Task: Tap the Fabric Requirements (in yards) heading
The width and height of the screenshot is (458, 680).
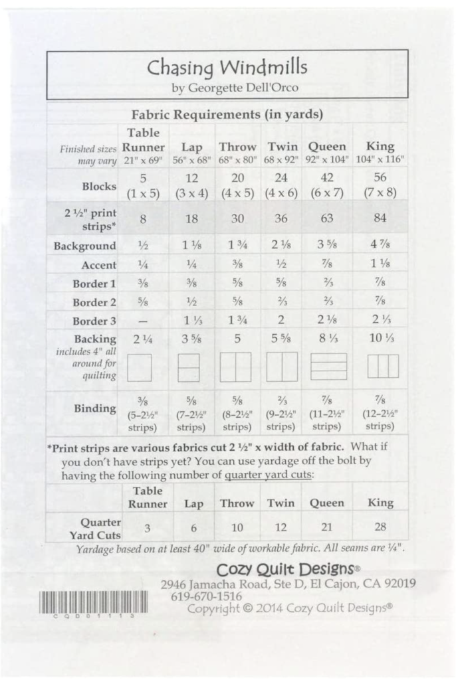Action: coord(227,114)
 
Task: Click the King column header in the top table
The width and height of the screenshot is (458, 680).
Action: coord(380,147)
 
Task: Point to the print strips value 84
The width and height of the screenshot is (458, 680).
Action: coord(380,218)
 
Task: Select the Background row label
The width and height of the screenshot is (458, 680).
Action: coord(85,246)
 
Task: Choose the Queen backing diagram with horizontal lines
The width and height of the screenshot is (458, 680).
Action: coord(328,367)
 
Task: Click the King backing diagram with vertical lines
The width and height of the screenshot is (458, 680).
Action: coord(383,366)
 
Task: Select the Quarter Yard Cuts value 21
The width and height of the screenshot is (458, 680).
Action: coord(326,528)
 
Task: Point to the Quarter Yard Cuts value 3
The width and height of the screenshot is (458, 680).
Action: coord(148,528)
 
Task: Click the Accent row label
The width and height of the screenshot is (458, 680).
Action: coord(99,265)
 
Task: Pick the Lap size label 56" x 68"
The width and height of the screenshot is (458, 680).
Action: coord(193,160)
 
